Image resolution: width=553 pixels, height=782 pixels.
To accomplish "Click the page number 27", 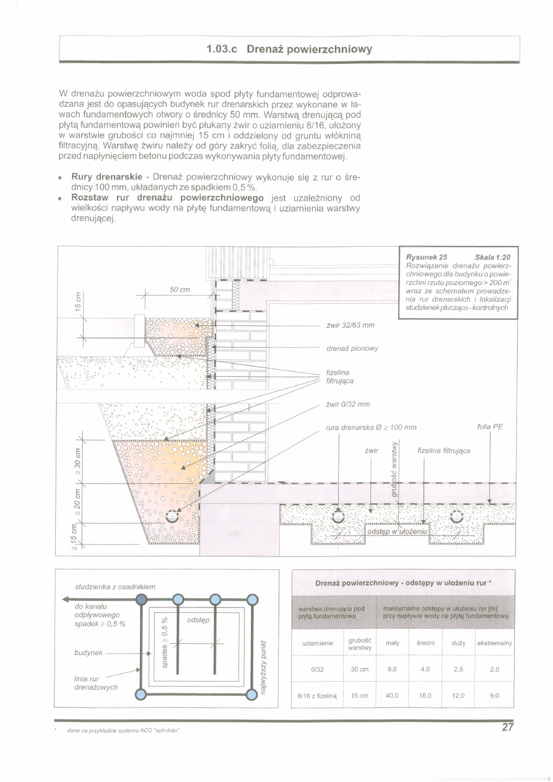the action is (x=508, y=727).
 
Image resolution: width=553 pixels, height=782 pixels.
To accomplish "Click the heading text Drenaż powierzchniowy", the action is (x=310, y=49).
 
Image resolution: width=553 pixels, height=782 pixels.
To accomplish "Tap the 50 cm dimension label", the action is (x=180, y=290).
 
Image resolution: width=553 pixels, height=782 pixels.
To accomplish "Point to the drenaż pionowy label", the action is (x=352, y=348).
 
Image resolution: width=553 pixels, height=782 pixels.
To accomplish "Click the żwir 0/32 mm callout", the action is (x=348, y=404).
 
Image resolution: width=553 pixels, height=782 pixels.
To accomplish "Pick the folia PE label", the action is (x=490, y=426).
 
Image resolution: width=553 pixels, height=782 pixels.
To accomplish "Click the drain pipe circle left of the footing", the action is (x=172, y=516).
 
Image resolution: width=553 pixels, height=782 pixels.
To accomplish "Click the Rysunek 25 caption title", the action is (x=426, y=257).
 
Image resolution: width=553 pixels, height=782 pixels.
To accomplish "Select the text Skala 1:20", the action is (x=493, y=257).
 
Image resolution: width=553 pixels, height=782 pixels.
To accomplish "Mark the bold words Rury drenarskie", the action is (x=107, y=177).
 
